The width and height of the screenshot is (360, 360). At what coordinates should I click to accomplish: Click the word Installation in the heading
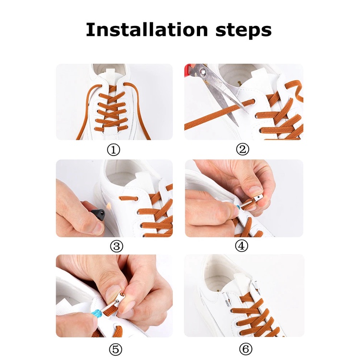click(147, 29)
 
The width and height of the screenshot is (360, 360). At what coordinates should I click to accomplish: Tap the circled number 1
click(113, 150)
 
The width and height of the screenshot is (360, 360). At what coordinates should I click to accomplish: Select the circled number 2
click(242, 149)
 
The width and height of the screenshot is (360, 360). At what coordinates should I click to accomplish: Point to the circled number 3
click(117, 246)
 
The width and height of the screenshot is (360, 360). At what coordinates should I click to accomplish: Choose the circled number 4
click(241, 246)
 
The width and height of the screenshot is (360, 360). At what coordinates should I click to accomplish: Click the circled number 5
click(115, 349)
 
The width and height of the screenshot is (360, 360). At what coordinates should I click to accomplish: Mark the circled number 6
click(246, 349)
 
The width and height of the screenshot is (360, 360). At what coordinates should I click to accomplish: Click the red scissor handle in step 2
click(189, 70)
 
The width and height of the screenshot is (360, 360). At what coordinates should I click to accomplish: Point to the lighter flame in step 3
click(108, 206)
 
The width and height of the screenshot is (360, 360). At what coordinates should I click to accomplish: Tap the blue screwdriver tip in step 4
click(238, 208)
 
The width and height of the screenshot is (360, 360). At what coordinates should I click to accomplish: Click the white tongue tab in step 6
click(243, 278)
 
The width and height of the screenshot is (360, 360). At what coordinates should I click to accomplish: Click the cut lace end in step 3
click(120, 198)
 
